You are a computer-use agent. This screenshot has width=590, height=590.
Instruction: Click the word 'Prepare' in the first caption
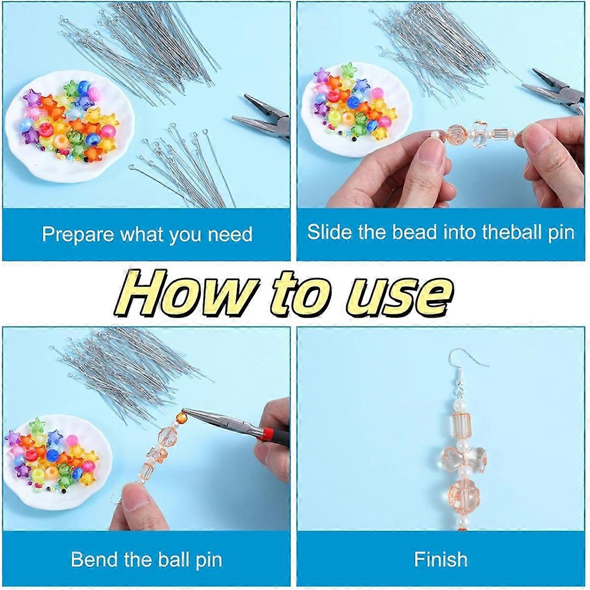78,235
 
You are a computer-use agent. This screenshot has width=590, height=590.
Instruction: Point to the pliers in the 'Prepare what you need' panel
261,118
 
